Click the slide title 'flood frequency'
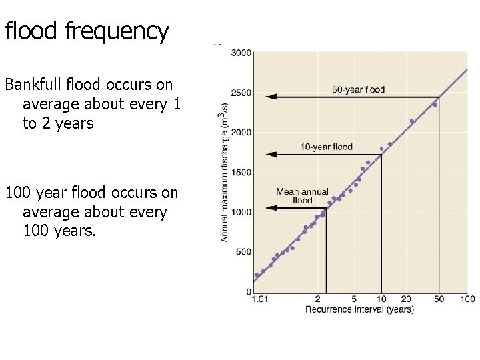click(87, 31)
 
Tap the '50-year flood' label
click(359, 89)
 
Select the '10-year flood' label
click(326, 147)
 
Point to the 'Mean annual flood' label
click(302, 196)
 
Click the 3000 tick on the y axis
click(241, 53)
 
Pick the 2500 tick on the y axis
click(241, 93)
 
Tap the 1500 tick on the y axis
click(241, 173)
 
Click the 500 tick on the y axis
click(243, 252)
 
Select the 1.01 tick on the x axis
click(260, 299)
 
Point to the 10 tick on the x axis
click(381, 299)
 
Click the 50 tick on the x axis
click(439, 299)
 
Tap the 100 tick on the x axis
click(467, 299)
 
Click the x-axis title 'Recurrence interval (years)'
click(359, 309)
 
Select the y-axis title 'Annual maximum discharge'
click(225, 172)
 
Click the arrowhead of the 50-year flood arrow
click(269, 97)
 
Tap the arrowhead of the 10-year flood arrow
click(269, 155)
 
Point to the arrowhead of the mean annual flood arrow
click(269, 209)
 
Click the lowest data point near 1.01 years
click(257, 275)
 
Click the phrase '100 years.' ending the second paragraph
click(59, 231)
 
